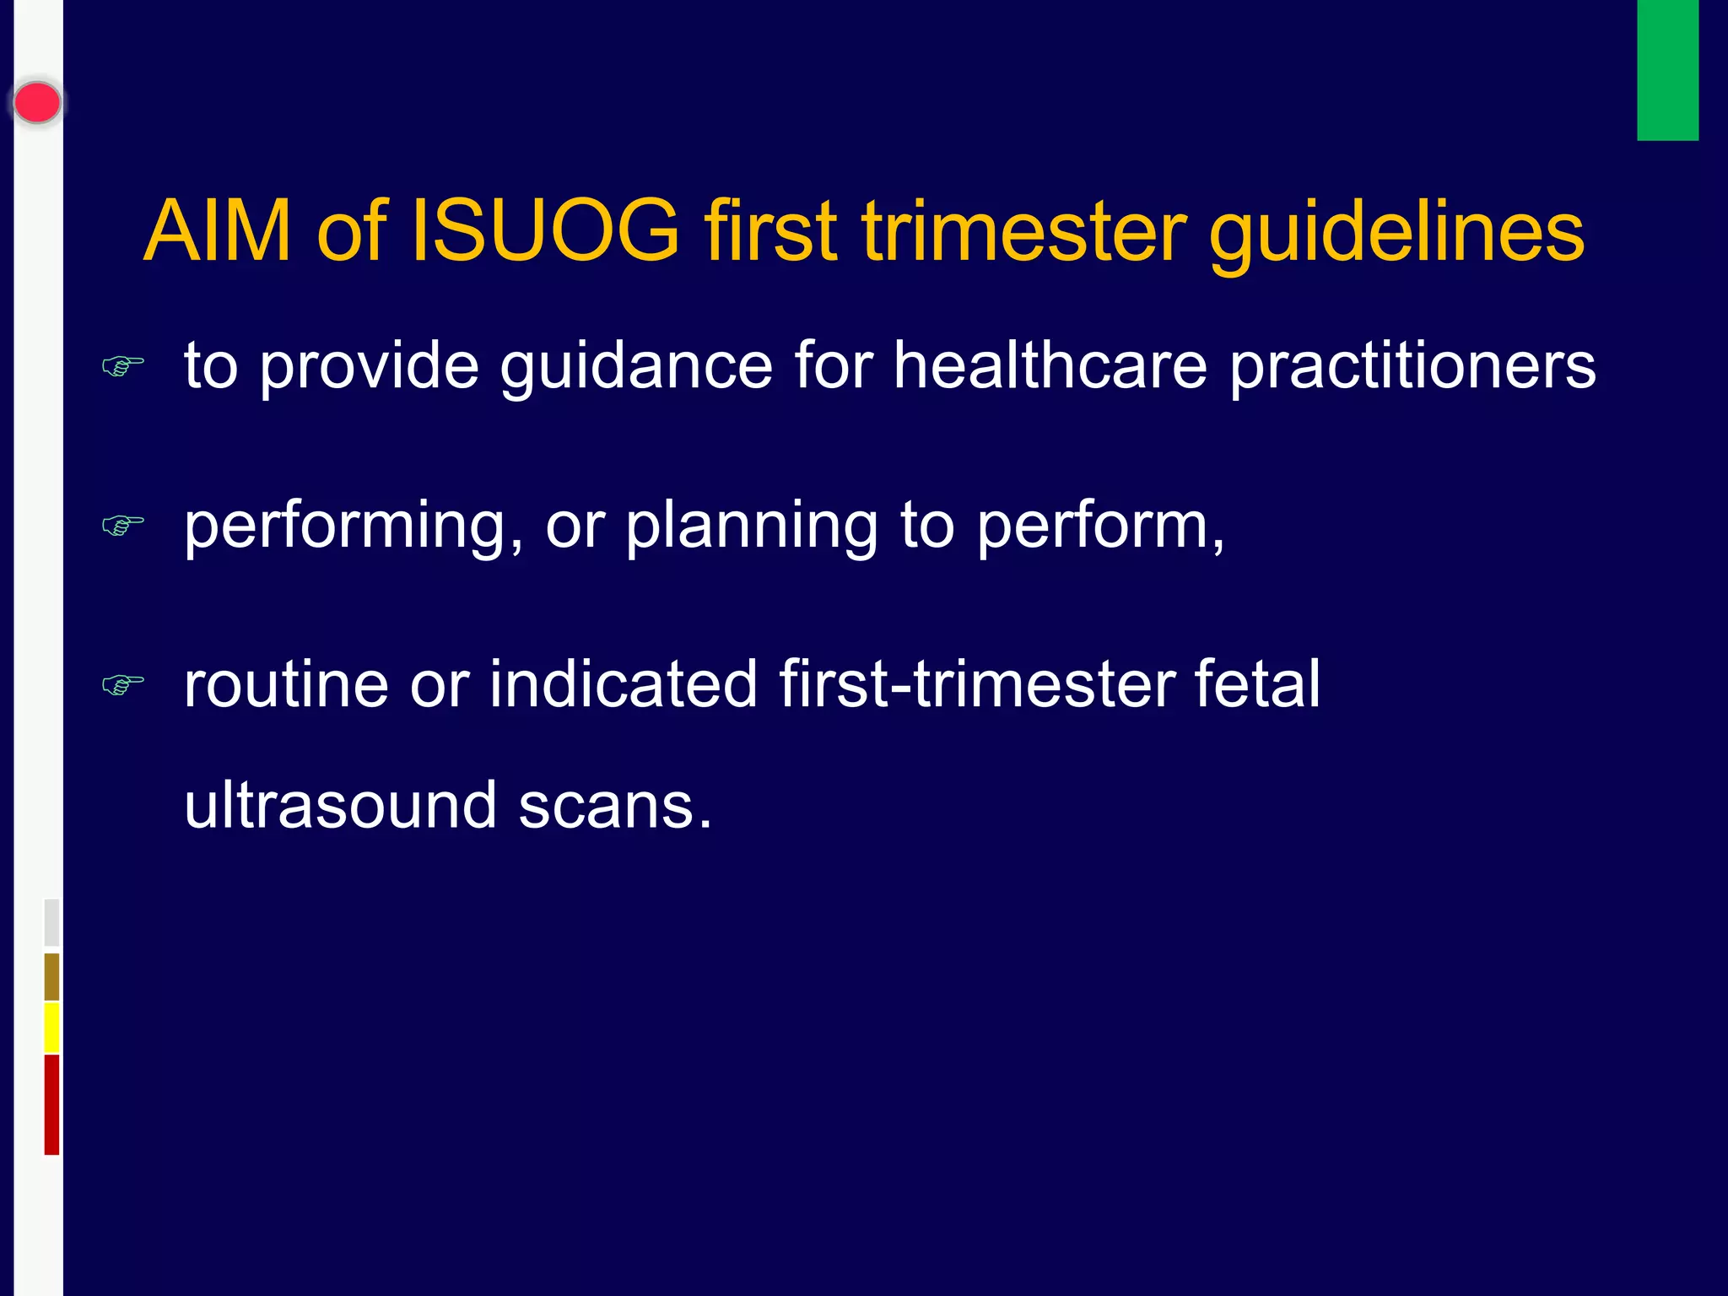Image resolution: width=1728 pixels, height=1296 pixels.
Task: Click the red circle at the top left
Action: click(37, 103)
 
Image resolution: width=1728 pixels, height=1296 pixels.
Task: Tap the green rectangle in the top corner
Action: click(1667, 69)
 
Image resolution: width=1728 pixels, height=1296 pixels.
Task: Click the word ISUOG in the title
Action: click(544, 231)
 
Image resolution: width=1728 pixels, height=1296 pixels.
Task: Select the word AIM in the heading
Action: click(218, 231)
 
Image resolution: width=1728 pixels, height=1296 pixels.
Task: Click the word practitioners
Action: click(1412, 367)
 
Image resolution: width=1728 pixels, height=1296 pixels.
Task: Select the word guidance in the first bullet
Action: click(636, 367)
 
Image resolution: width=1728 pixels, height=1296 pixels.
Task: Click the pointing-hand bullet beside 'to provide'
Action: click(123, 366)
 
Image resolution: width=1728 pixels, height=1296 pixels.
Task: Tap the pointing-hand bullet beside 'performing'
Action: click(123, 525)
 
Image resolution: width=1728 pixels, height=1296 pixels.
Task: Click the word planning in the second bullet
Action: click(751, 526)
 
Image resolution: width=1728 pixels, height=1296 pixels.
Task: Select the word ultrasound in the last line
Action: click(340, 805)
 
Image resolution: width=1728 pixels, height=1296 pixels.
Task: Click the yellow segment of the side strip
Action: click(51, 1028)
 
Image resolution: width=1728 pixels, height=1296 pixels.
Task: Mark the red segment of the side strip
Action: click(51, 1104)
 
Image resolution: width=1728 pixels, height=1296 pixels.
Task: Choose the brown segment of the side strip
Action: click(51, 977)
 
